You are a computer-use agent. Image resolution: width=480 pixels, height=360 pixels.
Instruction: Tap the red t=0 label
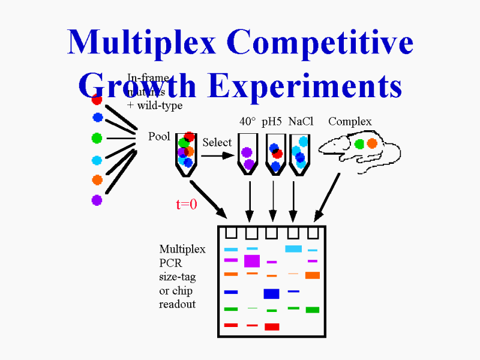click(x=186, y=205)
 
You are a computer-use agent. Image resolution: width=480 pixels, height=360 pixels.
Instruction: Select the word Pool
click(x=159, y=136)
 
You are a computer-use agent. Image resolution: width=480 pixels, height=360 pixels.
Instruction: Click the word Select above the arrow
click(x=217, y=143)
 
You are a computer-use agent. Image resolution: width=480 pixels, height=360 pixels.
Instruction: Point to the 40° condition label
click(x=247, y=122)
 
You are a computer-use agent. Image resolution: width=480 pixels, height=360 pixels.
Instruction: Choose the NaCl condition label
click(x=301, y=122)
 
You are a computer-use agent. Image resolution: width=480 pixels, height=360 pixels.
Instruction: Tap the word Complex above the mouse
click(x=350, y=122)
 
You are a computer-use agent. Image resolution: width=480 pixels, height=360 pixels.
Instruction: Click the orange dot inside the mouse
click(x=372, y=143)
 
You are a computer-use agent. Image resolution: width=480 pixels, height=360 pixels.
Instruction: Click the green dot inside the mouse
click(x=359, y=143)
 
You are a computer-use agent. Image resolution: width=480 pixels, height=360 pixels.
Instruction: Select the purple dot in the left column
click(x=97, y=200)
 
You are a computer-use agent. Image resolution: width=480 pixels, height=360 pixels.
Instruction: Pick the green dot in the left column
click(x=97, y=138)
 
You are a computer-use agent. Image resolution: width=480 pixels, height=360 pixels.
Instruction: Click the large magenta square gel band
click(x=252, y=261)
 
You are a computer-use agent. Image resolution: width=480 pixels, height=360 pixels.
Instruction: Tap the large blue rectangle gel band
click(x=272, y=293)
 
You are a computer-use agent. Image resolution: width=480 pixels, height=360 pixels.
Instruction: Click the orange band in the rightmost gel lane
click(x=313, y=275)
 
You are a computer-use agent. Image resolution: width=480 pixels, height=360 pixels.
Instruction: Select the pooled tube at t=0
click(x=187, y=154)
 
